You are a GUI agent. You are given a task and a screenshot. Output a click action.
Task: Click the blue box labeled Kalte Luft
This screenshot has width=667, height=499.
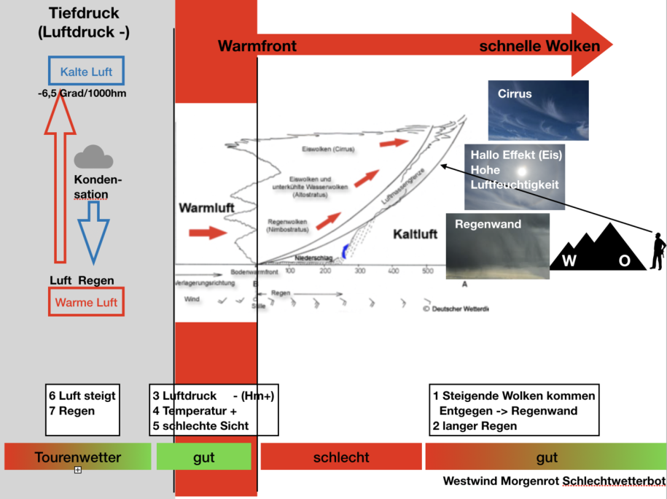pyautogui.click(x=86, y=71)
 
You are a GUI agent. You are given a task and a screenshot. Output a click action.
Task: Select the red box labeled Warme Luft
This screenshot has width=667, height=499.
pyautogui.click(x=86, y=302)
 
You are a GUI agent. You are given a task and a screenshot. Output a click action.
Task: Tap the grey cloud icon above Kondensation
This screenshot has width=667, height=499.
pyautogui.click(x=93, y=157)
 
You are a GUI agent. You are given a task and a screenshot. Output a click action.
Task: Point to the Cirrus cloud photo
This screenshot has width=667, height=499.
pyautogui.click(x=538, y=110)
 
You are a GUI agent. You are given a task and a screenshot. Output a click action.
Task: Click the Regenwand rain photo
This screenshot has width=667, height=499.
pyautogui.click(x=498, y=247)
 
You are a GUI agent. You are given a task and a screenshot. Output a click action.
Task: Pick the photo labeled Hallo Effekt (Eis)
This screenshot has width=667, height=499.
pyautogui.click(x=515, y=177)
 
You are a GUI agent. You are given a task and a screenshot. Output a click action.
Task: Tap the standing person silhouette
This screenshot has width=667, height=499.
pyautogui.click(x=658, y=251)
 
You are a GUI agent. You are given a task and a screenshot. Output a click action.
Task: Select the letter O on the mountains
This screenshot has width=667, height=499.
pyautogui.click(x=624, y=262)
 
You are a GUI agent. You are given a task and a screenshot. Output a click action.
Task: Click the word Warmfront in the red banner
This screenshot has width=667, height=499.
pyautogui.click(x=257, y=47)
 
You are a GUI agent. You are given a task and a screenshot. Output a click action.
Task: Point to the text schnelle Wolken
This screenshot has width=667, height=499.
pyautogui.click(x=539, y=47)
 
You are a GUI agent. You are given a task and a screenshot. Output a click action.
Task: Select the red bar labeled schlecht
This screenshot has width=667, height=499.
pyautogui.click(x=341, y=457)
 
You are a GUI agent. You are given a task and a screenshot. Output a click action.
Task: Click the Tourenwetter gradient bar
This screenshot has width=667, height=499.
pyautogui.click(x=77, y=457)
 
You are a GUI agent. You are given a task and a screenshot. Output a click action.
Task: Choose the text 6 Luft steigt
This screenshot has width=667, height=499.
pyautogui.click(x=82, y=396)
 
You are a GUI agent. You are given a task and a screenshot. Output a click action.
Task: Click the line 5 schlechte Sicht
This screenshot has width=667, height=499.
pyautogui.click(x=200, y=426)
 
